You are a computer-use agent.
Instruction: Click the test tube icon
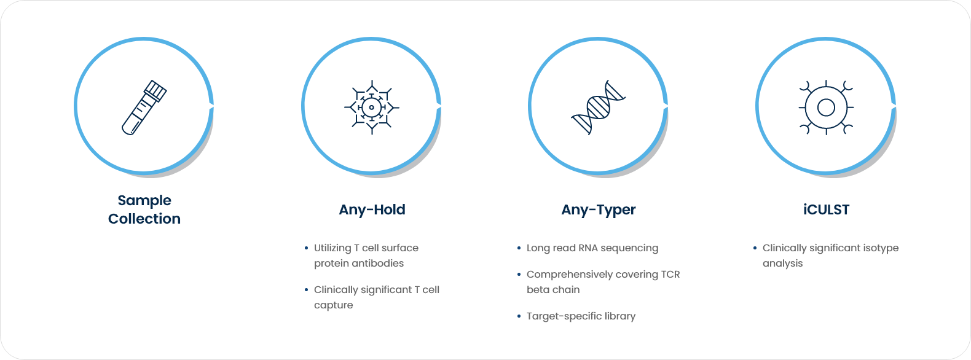(x=144, y=108)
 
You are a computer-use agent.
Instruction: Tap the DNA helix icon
(x=598, y=108)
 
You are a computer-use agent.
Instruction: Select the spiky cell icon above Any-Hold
(x=371, y=108)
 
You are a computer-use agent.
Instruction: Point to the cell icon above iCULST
(x=826, y=108)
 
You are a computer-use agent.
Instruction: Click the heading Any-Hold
(x=372, y=209)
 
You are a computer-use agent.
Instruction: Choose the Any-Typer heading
(x=598, y=210)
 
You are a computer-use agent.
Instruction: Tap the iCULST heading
(x=826, y=209)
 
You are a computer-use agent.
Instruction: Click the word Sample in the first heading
(x=144, y=200)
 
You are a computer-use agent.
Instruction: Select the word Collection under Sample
(x=144, y=219)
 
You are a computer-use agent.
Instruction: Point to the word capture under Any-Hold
(x=333, y=305)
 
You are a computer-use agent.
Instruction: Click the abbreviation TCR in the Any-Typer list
(x=670, y=275)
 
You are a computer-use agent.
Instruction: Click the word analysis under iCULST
(x=782, y=264)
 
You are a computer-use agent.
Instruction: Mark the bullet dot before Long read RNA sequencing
(x=519, y=248)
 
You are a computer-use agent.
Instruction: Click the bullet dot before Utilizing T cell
(x=306, y=248)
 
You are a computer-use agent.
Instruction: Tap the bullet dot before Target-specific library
(x=519, y=316)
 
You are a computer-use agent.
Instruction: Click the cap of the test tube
(x=155, y=90)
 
